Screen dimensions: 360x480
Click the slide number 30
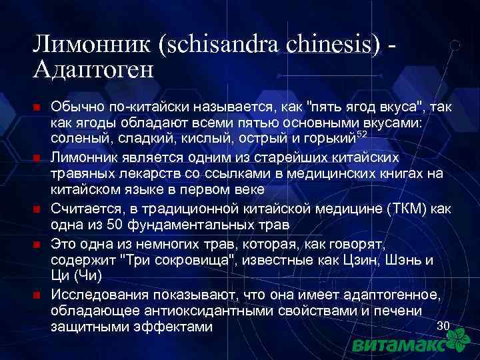pos(443,325)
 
